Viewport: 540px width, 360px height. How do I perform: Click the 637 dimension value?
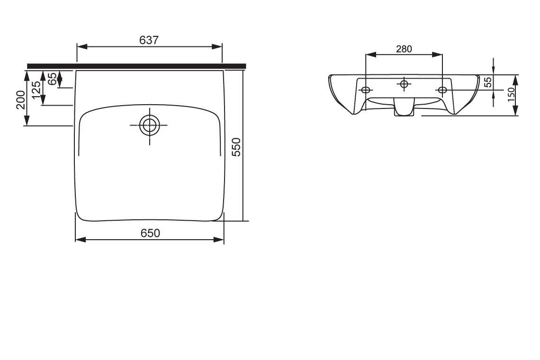click(149, 40)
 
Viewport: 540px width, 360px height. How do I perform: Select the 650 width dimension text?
click(150, 233)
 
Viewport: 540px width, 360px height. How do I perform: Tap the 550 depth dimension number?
click(237, 147)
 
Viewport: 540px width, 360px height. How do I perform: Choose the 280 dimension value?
click(404, 49)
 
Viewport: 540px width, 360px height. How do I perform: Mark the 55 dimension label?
click(488, 82)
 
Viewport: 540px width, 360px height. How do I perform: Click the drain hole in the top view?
click(149, 126)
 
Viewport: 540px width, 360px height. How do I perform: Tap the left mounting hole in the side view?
click(366, 90)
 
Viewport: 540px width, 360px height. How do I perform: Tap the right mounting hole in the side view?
click(442, 90)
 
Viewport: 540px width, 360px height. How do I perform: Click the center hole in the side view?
click(404, 84)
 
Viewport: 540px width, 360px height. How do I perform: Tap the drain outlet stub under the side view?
click(403, 109)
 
